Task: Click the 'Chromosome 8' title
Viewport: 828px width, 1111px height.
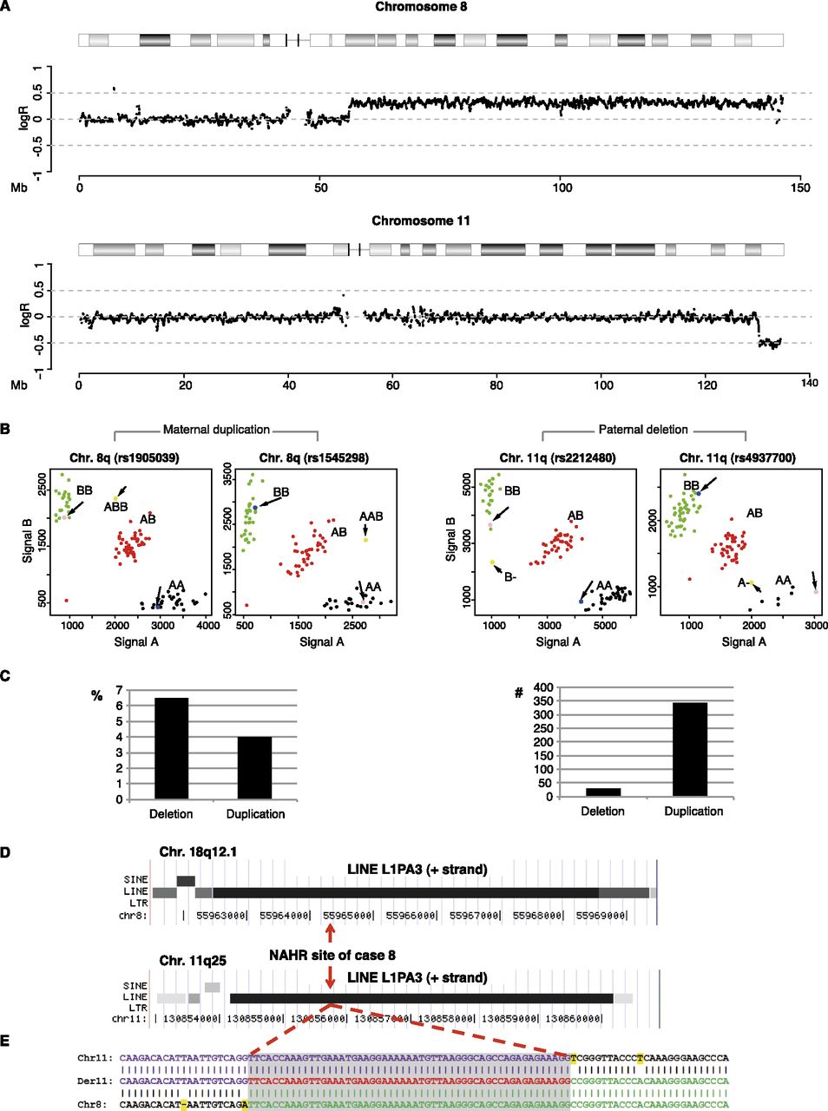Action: (421, 7)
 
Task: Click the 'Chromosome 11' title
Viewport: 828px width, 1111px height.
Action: (421, 220)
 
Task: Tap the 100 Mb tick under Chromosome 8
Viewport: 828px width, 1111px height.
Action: (562, 187)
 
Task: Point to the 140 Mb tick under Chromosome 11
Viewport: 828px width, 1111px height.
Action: (809, 382)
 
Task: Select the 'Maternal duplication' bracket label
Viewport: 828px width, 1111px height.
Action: (216, 430)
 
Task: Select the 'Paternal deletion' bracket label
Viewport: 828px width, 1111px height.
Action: (643, 430)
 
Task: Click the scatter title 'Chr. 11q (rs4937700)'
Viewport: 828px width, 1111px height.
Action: (738, 457)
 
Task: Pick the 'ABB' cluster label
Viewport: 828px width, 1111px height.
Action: (116, 507)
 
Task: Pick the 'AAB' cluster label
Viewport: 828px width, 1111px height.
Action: (371, 516)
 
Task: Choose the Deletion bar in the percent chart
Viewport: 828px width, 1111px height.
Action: (171, 747)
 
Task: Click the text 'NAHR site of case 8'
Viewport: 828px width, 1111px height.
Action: (332, 955)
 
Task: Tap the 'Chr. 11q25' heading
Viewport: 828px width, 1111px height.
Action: (191, 961)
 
